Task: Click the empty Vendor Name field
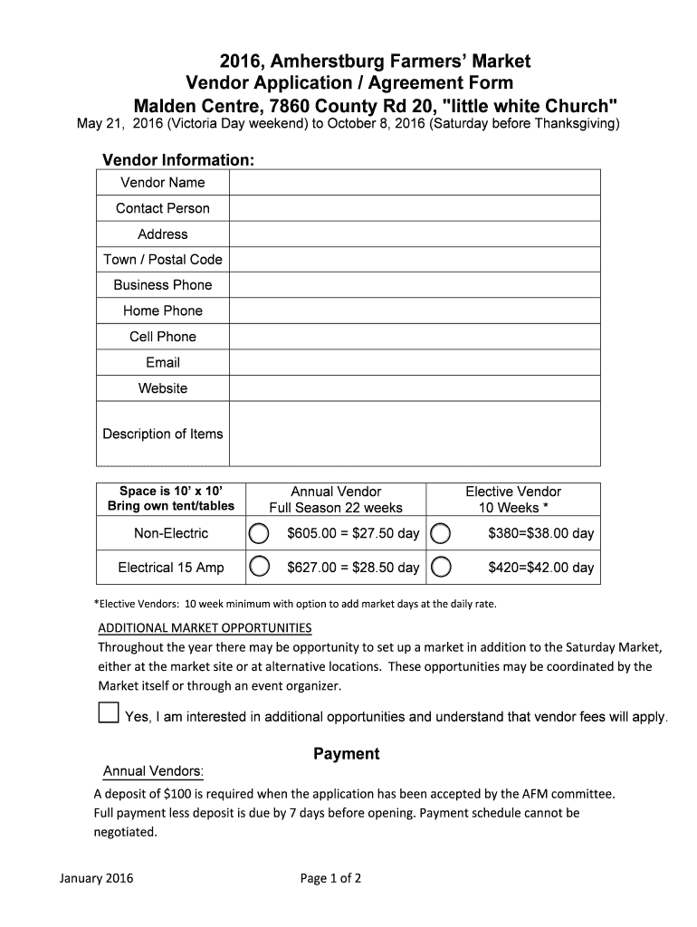pos(414,182)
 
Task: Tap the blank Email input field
pos(414,362)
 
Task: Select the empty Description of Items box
pos(414,434)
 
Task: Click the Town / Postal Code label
pos(163,259)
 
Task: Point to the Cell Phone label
pos(163,337)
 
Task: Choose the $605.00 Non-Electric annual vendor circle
pos(259,533)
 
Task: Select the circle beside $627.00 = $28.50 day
pos(259,568)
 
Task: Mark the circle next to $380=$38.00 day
pos(441,533)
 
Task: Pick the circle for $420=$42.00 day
pos(441,568)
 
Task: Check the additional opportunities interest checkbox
pos(108,712)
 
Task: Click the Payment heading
pos(347,754)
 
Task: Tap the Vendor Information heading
pos(178,160)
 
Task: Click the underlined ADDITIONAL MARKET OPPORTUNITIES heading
pos(205,628)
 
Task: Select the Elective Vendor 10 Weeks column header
pos(513,499)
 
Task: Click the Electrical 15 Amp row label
pos(171,568)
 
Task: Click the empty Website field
pos(414,388)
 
